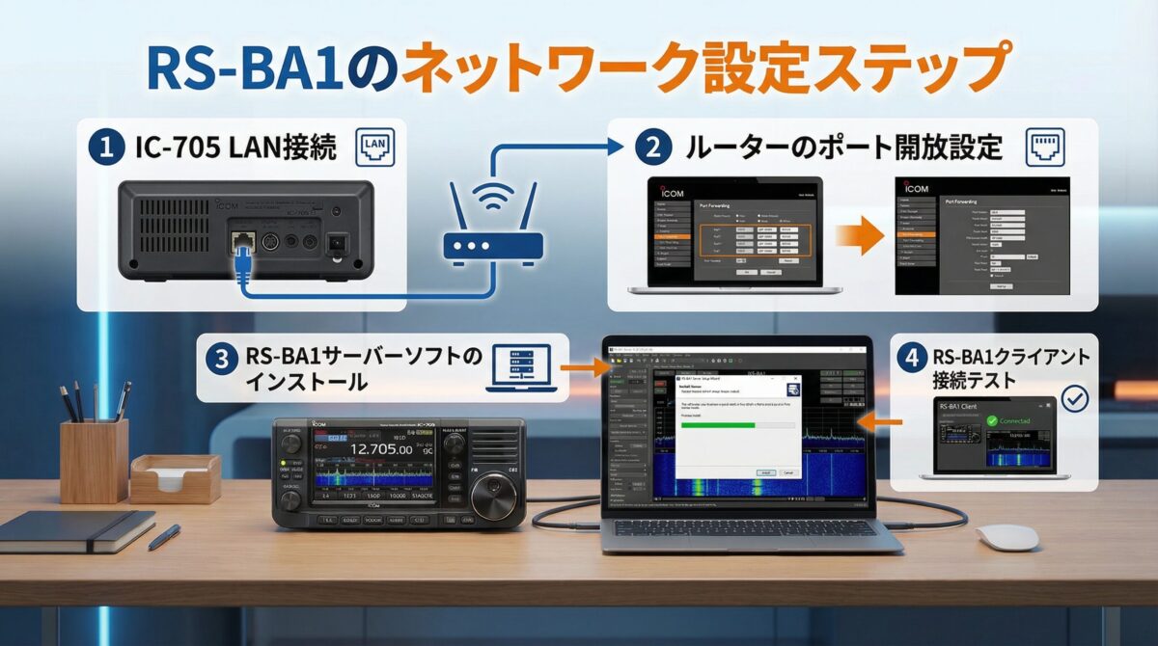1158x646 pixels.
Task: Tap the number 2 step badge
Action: click(x=652, y=148)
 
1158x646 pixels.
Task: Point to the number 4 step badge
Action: click(x=909, y=358)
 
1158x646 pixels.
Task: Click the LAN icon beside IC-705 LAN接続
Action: click(x=376, y=148)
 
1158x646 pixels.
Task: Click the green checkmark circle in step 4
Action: click(x=1073, y=398)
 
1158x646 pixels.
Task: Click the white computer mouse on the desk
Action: click(x=1006, y=536)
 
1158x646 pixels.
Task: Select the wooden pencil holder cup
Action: click(x=94, y=459)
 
